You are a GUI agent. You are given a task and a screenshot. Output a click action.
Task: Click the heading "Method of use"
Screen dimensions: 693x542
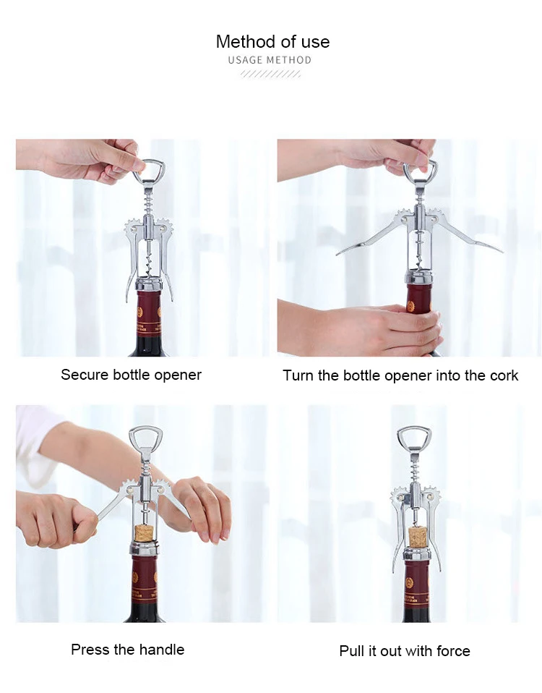[272, 42]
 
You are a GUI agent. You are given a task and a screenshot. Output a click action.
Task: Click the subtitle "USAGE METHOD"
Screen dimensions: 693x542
[270, 60]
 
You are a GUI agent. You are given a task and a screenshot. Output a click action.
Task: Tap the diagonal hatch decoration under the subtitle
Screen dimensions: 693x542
[270, 74]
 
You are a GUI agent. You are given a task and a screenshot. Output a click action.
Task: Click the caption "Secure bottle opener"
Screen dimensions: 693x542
[131, 375]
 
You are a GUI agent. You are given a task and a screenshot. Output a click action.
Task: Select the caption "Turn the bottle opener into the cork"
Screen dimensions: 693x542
[400, 375]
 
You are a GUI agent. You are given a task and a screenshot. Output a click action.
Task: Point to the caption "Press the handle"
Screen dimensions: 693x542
[127, 650]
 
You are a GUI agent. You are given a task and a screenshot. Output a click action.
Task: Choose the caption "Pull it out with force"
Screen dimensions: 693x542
[405, 651]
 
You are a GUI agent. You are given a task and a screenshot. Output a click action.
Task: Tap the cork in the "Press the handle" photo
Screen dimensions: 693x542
[143, 534]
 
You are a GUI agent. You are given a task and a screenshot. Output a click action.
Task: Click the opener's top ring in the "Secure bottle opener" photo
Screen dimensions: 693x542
[149, 171]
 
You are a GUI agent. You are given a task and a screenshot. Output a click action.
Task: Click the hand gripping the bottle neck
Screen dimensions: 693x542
[376, 329]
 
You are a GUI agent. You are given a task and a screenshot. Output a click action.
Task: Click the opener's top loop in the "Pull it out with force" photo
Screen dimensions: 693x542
[414, 437]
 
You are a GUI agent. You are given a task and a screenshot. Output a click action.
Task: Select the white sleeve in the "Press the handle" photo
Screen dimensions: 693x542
[33, 445]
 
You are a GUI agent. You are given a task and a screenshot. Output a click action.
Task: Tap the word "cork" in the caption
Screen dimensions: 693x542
[504, 375]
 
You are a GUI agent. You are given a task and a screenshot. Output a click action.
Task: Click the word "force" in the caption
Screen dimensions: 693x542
[454, 651]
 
